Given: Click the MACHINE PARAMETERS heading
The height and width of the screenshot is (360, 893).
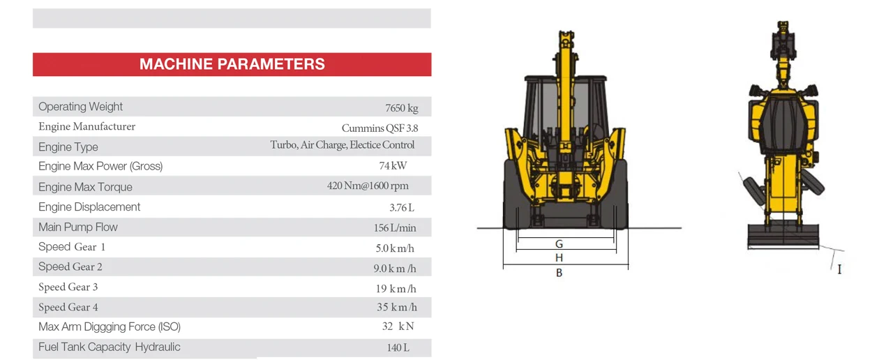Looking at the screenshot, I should [x=232, y=64].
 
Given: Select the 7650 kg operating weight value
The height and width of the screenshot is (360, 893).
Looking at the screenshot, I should [x=401, y=108].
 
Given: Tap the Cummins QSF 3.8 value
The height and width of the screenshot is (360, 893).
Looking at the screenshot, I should [x=380, y=128].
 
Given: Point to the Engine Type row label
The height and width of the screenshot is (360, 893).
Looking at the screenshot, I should [x=68, y=147].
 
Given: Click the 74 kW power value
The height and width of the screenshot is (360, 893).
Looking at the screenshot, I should [x=393, y=166].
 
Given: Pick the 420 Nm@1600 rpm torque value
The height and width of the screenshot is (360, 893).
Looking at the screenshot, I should [x=368, y=186].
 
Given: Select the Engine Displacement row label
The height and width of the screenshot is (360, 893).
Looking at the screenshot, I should [x=89, y=207].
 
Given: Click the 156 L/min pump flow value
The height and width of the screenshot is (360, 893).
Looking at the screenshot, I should [x=394, y=227].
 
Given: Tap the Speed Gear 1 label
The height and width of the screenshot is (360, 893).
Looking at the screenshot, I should [x=72, y=247].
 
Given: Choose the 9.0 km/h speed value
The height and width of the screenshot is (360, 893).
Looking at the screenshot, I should [x=395, y=268].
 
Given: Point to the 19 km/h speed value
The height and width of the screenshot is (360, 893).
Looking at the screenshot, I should [x=396, y=288].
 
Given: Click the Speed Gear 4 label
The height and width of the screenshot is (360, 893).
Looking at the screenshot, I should [x=68, y=307].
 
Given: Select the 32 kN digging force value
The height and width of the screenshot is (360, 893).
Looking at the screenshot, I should [x=398, y=327].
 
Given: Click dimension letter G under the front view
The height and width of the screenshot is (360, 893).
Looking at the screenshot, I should [x=560, y=244].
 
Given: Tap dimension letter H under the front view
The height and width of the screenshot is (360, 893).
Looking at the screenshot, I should [x=560, y=258].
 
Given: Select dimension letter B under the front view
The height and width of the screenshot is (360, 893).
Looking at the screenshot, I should [x=560, y=273].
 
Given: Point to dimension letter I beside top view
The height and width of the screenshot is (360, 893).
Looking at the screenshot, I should [x=839, y=269].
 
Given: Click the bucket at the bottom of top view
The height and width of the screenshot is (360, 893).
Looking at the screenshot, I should [x=783, y=236].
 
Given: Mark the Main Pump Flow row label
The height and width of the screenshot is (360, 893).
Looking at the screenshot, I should [x=78, y=227].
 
